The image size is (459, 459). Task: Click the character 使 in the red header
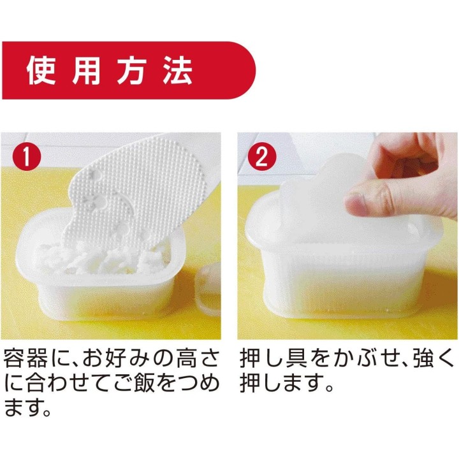(x=41, y=71)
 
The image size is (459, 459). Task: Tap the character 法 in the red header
(x=178, y=71)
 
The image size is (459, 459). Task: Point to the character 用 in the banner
(x=86, y=71)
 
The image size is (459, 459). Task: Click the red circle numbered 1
(x=27, y=157)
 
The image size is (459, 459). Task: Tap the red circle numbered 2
(x=262, y=157)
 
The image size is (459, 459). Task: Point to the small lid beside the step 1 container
(x=208, y=290)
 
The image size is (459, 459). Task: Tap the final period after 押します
(x=330, y=388)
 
